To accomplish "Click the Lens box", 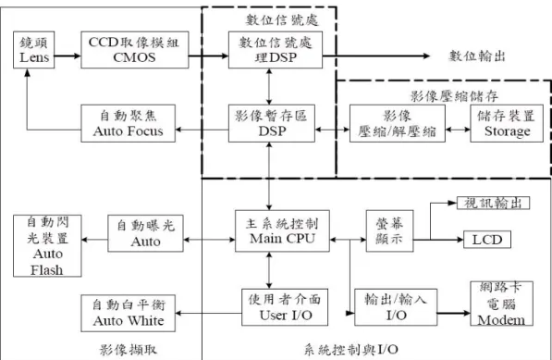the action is click(x=34, y=50).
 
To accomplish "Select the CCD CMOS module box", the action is click(x=135, y=50).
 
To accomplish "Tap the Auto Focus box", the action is click(x=129, y=123).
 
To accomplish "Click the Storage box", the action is click(x=507, y=123).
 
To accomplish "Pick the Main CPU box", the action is click(x=282, y=231).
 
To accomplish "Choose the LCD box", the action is click(x=487, y=240).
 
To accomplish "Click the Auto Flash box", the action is click(x=47, y=246).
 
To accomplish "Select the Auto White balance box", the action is click(x=129, y=313).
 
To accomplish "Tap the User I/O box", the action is click(x=285, y=307).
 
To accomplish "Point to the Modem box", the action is click(x=502, y=304).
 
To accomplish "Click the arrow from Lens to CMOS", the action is click(x=67, y=56).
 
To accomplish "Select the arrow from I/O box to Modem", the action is click(x=454, y=313).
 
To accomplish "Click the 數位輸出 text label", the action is click(x=477, y=56).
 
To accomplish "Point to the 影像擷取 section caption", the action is click(x=128, y=350).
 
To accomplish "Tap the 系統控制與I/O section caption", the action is click(x=351, y=350).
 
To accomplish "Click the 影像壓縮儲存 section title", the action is click(x=454, y=96).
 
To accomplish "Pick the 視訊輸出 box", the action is click(x=493, y=203).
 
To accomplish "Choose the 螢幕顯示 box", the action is click(x=389, y=231).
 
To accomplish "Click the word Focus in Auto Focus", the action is click(x=145, y=131).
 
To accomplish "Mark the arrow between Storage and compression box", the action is click(x=458, y=130).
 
